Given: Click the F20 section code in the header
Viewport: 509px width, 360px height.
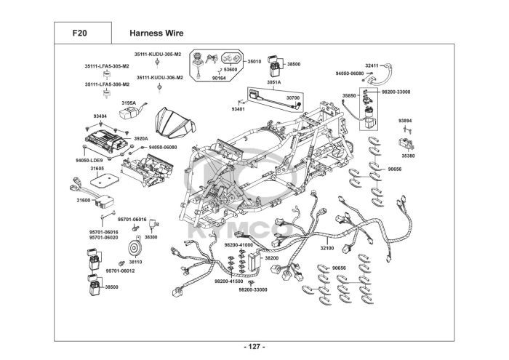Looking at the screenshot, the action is pyautogui.click(x=79, y=33).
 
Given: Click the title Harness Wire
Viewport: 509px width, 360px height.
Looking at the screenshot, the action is pyautogui.click(x=156, y=33).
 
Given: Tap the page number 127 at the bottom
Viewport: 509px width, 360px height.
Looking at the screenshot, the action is pyautogui.click(x=254, y=347).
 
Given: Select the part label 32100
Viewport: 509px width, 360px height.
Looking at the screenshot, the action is pyautogui.click(x=327, y=248).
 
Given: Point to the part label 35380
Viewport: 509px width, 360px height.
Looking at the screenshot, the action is pyautogui.click(x=408, y=156).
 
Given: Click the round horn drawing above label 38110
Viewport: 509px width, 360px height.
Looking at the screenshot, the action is pyautogui.click(x=133, y=249).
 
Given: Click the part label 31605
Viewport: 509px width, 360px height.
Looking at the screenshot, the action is pyautogui.click(x=97, y=169).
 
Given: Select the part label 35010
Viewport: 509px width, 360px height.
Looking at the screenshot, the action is pyautogui.click(x=254, y=61).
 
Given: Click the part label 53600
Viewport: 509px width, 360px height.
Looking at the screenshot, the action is pyautogui.click(x=231, y=70).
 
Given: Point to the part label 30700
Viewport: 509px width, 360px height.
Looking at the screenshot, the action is pyautogui.click(x=293, y=97).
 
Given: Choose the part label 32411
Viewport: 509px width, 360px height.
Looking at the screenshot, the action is pyautogui.click(x=372, y=65).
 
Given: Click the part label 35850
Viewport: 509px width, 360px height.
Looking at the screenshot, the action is pyautogui.click(x=349, y=96).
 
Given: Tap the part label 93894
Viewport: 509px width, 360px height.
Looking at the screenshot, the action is pyautogui.click(x=405, y=121).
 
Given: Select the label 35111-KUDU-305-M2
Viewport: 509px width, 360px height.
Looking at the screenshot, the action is pyautogui.click(x=158, y=55).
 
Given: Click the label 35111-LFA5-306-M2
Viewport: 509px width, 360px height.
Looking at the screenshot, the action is pyautogui.click(x=107, y=84).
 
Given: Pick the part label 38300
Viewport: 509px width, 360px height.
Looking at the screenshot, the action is pyautogui.click(x=151, y=237).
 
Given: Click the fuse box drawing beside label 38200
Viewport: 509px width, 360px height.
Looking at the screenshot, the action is pyautogui.click(x=254, y=261).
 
